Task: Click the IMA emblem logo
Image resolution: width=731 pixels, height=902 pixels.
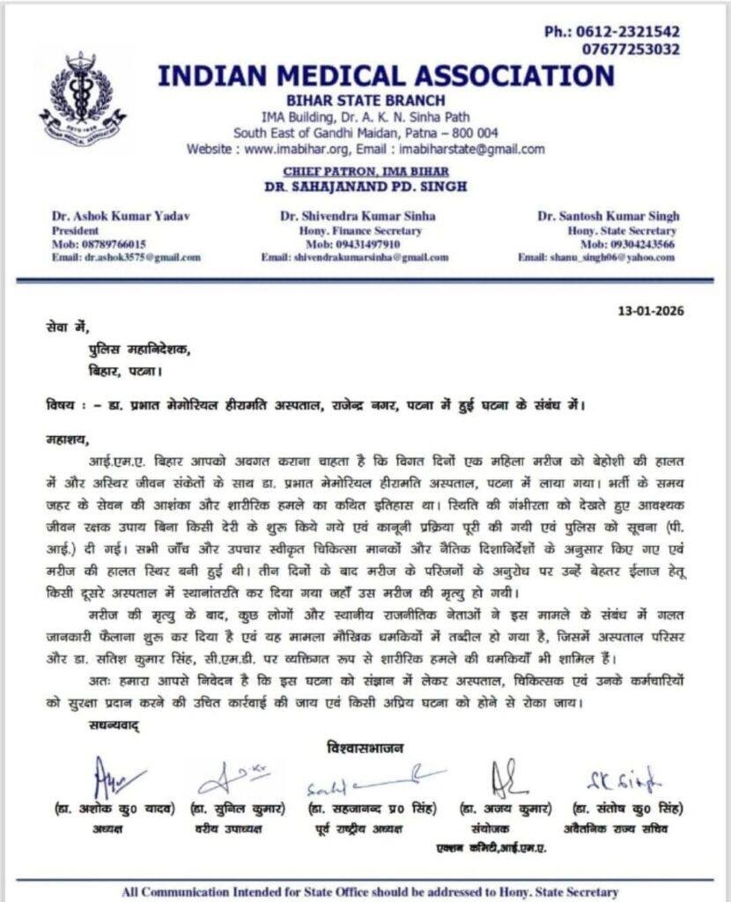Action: point(78,100)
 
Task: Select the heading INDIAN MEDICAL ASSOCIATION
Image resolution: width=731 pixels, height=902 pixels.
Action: point(386,75)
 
